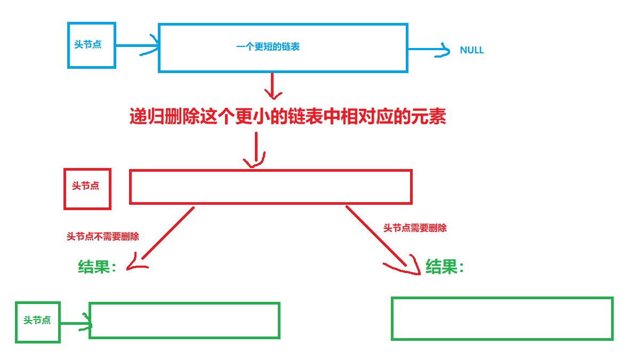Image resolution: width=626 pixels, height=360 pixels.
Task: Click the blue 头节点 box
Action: [92, 45]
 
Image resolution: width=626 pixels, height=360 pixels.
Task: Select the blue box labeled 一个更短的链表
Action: [283, 47]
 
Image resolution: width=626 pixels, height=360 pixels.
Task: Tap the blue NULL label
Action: [471, 50]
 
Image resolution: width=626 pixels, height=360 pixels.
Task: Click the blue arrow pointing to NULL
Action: [429, 51]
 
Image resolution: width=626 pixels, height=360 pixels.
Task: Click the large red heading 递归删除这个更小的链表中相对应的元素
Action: [288, 116]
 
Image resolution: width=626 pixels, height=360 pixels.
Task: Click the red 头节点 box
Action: [87, 189]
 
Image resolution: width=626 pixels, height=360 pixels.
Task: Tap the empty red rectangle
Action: [270, 187]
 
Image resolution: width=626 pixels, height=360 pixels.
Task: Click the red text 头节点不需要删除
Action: [102, 236]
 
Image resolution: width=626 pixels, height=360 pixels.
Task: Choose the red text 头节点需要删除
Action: [415, 228]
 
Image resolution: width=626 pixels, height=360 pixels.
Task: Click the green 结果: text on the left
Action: [97, 267]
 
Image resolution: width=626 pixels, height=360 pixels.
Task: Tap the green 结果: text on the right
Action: [445, 266]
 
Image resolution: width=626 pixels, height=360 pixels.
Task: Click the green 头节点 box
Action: [37, 322]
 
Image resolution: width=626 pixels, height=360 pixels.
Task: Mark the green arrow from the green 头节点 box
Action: [75, 323]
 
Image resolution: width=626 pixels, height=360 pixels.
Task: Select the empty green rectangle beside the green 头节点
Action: [184, 320]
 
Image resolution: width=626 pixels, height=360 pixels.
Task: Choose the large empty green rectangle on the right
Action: [502, 318]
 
